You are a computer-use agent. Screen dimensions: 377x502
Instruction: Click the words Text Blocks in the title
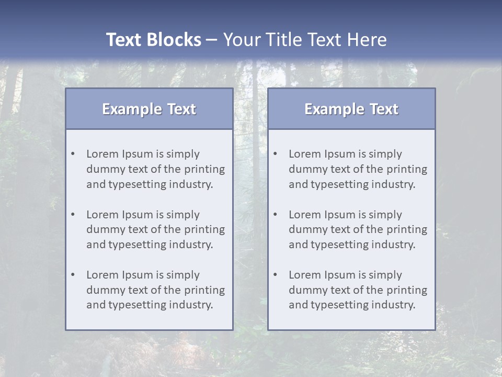(x=153, y=40)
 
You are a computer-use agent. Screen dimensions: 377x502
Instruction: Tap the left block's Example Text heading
(x=149, y=109)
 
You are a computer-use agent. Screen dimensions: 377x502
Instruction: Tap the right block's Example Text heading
(x=351, y=109)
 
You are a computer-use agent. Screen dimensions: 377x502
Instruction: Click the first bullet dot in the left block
(x=73, y=154)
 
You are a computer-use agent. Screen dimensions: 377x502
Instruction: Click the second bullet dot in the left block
(x=73, y=215)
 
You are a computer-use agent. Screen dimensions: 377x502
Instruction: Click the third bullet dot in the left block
(x=73, y=275)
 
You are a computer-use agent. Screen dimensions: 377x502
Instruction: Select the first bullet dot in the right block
(x=275, y=154)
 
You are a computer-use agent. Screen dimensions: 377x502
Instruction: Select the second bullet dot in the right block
(x=275, y=215)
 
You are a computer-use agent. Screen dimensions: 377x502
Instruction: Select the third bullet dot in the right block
(x=275, y=275)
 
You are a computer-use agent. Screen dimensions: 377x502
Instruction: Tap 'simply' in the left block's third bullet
(x=183, y=275)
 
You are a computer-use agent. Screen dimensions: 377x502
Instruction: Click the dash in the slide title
(x=212, y=40)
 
